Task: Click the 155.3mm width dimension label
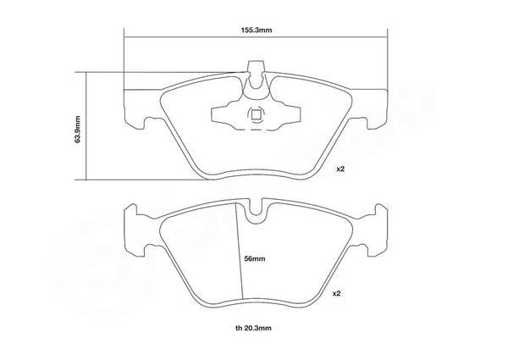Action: point(256,30)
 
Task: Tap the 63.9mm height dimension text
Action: point(77,129)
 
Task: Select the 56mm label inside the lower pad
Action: point(255,259)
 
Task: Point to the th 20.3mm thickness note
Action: point(253,329)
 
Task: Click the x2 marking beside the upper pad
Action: point(340,169)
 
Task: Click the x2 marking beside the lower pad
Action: point(337,294)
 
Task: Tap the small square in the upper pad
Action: point(256,114)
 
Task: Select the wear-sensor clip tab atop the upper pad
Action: point(256,74)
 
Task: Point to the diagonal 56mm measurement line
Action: point(239,250)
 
